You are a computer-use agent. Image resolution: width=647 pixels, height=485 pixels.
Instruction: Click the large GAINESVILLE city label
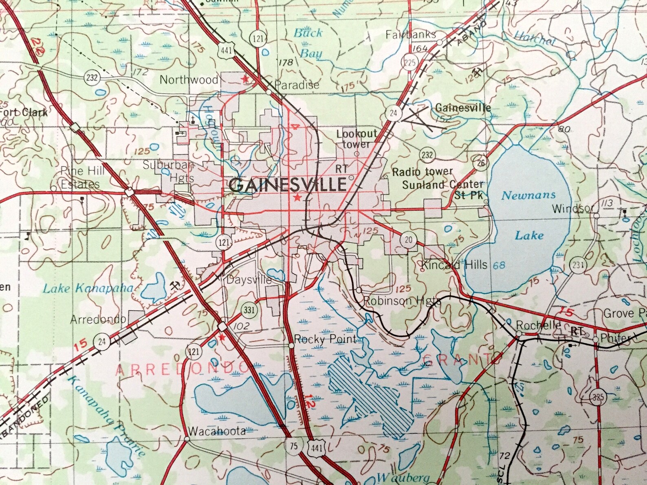point(288,185)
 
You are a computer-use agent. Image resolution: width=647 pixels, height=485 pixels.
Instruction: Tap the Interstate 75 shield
point(294,446)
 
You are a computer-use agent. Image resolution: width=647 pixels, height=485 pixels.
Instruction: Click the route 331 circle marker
point(249,310)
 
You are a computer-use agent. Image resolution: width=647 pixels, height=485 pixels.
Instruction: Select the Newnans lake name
point(528,195)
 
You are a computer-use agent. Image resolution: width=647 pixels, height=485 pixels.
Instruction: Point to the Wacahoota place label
point(217,431)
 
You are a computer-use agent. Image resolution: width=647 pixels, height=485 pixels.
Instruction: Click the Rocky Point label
point(325,339)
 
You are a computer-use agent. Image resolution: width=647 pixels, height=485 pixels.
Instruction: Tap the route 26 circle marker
point(481,163)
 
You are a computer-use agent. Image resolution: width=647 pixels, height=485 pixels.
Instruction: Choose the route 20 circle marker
point(408,239)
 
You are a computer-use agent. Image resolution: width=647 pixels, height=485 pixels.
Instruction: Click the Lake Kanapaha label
point(88,289)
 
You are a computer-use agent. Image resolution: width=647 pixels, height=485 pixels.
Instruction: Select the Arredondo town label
point(98,319)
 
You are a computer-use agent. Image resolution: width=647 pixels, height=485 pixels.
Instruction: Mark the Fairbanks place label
point(411,35)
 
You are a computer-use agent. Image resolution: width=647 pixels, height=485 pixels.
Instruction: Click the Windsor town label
point(572,208)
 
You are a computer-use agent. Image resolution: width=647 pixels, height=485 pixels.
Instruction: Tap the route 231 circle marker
point(578,265)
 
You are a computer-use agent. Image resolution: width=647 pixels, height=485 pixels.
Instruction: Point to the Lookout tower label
point(357,139)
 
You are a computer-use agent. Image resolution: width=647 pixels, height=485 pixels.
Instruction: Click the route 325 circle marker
point(598,397)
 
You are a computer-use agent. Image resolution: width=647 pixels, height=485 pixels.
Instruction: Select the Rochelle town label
point(538,325)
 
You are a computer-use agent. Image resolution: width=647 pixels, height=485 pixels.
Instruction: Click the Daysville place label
point(249,280)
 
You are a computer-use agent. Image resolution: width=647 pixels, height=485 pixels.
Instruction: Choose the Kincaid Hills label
point(454,265)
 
